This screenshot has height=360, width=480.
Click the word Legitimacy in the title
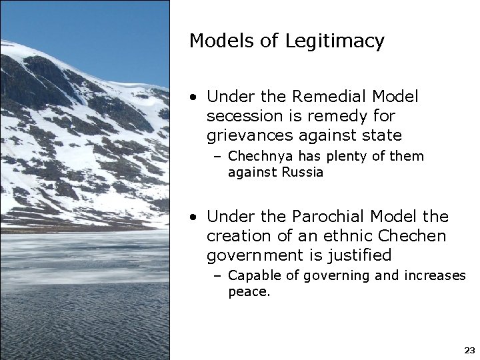[x=335, y=41]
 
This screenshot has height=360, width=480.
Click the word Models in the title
[x=218, y=41]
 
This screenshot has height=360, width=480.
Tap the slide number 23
[x=469, y=350]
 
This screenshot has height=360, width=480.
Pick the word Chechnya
[x=257, y=157]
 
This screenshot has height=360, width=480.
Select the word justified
[x=359, y=255]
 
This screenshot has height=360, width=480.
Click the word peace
[x=248, y=292]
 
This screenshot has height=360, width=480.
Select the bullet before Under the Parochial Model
[x=192, y=217]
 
